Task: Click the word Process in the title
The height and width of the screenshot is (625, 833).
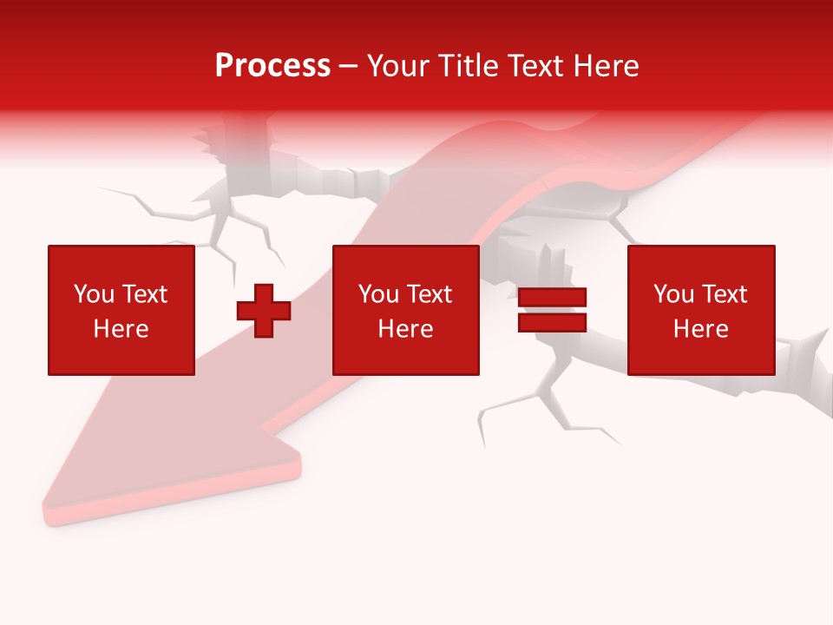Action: coord(272,66)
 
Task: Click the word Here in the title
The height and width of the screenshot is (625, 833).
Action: coord(607,66)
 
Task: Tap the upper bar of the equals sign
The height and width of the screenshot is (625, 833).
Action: coord(552,298)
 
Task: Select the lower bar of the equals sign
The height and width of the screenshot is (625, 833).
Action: coord(552,322)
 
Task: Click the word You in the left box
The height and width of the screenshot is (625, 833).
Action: coord(94,294)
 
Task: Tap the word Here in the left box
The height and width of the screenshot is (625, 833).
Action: coord(121,329)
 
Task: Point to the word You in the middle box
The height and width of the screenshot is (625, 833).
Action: coord(378,294)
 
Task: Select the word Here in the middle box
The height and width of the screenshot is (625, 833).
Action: coord(405,329)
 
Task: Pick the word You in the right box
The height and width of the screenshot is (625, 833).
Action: coord(673,294)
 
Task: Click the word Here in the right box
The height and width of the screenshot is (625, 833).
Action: coord(700,329)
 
